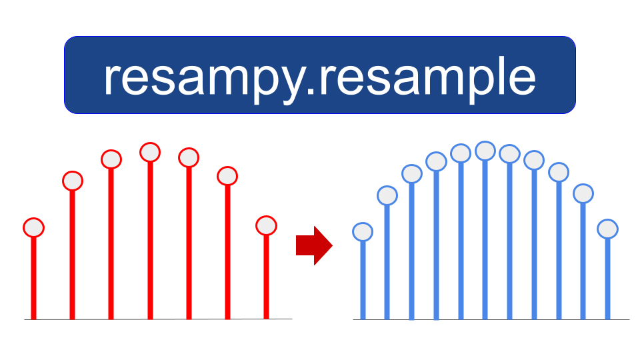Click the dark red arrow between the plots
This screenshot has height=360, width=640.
point(314,246)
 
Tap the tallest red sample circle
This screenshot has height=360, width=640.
point(150,152)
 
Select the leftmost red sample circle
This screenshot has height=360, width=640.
point(33,227)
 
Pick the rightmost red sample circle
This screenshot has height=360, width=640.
point(266,225)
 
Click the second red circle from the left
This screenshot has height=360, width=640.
point(73,181)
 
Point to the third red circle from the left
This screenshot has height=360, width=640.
point(111,159)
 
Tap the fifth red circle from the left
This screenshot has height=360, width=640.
point(189,157)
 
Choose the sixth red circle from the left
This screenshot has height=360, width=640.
point(227,176)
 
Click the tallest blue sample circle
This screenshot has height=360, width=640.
point(485,151)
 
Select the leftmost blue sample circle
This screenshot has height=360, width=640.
point(363,232)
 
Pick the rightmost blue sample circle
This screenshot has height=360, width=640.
point(607,229)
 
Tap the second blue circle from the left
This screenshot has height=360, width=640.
point(387,195)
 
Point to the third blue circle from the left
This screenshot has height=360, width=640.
point(412,173)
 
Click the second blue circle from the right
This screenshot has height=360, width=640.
point(583,193)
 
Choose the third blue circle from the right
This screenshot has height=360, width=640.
point(559,172)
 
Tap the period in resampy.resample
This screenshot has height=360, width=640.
point(310,92)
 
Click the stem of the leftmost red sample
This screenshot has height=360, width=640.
point(33,278)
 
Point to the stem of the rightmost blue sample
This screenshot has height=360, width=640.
point(607,279)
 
